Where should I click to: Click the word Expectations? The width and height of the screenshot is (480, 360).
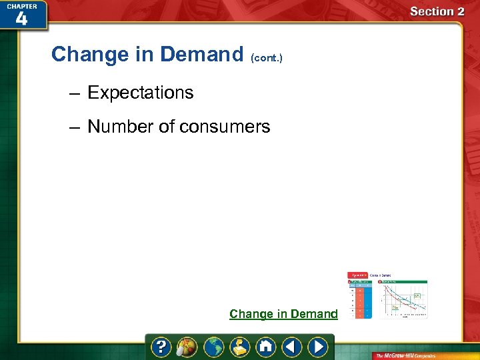(140, 93)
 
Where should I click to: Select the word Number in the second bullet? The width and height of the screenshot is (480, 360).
(120, 127)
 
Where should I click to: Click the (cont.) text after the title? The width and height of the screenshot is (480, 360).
(267, 58)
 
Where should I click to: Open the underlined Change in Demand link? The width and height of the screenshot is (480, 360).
(283, 314)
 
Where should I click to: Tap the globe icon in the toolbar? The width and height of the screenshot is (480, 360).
(213, 347)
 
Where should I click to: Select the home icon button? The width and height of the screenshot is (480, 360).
(265, 347)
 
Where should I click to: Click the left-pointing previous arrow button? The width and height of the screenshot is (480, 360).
(291, 347)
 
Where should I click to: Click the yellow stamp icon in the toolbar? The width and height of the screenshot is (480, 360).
(239, 347)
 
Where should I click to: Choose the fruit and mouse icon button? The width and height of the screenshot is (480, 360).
(186, 347)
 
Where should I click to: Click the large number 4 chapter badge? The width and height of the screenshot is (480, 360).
(22, 19)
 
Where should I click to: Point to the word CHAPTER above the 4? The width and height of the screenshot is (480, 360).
(22, 5)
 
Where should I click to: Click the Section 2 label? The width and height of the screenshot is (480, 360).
(437, 11)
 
